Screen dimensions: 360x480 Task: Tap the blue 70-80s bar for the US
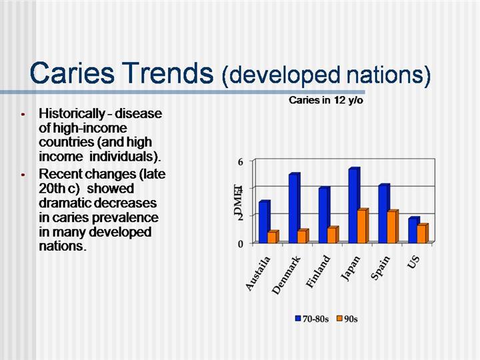point(413,231)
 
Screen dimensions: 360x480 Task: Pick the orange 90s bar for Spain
point(391,227)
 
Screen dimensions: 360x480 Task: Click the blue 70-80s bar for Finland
point(323,215)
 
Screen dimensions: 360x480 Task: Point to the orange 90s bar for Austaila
point(272,237)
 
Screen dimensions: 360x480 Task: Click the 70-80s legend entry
point(312,319)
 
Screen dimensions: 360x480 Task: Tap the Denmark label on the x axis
point(287,275)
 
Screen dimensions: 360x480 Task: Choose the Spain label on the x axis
point(381,269)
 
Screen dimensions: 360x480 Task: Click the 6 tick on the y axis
point(240,161)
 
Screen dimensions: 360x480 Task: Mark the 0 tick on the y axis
point(240,244)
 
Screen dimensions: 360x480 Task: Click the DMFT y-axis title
point(237,201)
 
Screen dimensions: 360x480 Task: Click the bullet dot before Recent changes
point(23,175)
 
